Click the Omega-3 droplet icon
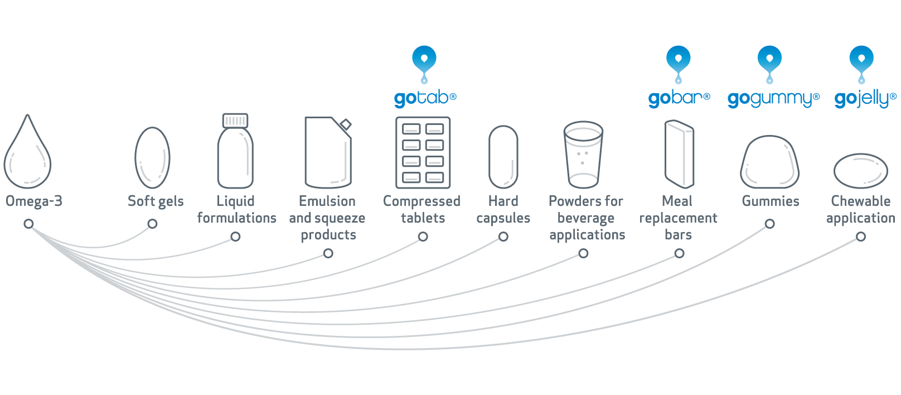pyautogui.click(x=27, y=153)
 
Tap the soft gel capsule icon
pyautogui.click(x=152, y=158)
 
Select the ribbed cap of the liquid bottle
pyautogui.click(x=235, y=121)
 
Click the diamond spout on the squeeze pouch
pyautogui.click(x=346, y=124)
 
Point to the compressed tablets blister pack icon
pyautogui.click(x=423, y=153)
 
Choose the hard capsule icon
pyautogui.click(x=503, y=157)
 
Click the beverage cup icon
pyautogui.click(x=583, y=155)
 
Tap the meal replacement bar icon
pyautogui.click(x=679, y=154)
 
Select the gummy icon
pyautogui.click(x=769, y=162)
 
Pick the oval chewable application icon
pyautogui.click(x=860, y=171)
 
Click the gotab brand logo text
pyautogui.click(x=425, y=99)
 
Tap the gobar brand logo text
pyautogui.click(x=679, y=99)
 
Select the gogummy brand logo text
pyautogui.click(x=773, y=99)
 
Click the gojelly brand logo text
pyautogui.click(x=865, y=99)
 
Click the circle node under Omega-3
pyautogui.click(x=28, y=224)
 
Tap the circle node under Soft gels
pyautogui.click(x=152, y=224)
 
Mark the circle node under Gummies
pyautogui.click(x=769, y=224)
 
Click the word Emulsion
pyautogui.click(x=327, y=201)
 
